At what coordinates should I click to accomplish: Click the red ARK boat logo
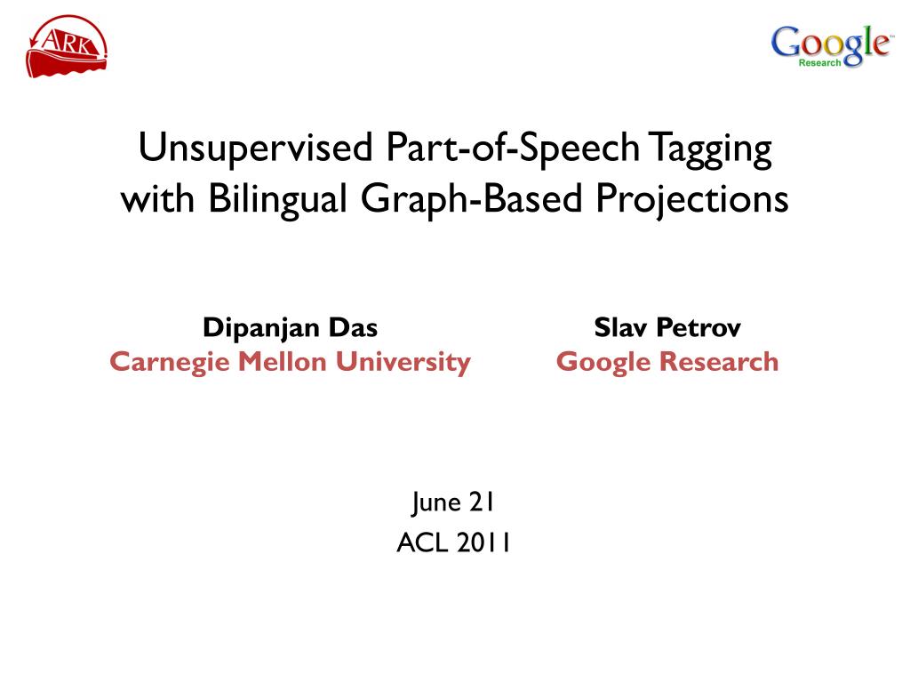pos(66,46)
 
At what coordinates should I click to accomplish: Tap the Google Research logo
pos(830,46)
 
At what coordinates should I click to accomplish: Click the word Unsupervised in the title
pos(255,149)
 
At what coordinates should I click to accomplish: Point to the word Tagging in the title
pos(710,149)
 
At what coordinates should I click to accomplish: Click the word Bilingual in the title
pos(277,199)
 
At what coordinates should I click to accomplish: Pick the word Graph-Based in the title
pos(471,199)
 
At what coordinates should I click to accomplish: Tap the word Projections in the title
pos(691,200)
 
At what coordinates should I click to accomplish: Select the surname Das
pos(353,327)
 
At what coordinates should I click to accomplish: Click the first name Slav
pos(620,327)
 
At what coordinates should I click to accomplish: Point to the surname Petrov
pos(698,327)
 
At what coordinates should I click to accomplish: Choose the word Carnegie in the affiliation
pos(170,363)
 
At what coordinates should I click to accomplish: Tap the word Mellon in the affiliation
pos(282,362)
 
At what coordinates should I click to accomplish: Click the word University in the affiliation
pos(403,363)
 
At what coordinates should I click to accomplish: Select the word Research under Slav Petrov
pos(719,362)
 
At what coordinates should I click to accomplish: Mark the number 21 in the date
pos(481,502)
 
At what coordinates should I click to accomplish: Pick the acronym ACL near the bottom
pos(422,543)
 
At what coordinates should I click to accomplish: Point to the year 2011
pos(483,543)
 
